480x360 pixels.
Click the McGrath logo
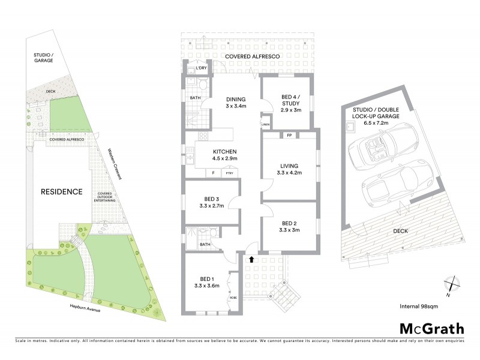pyautogui.click(x=431, y=328)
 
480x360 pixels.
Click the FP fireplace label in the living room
pyautogui.click(x=289, y=135)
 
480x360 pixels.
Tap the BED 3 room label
pyautogui.click(x=209, y=199)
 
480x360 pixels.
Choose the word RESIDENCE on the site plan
pyautogui.click(x=61, y=192)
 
